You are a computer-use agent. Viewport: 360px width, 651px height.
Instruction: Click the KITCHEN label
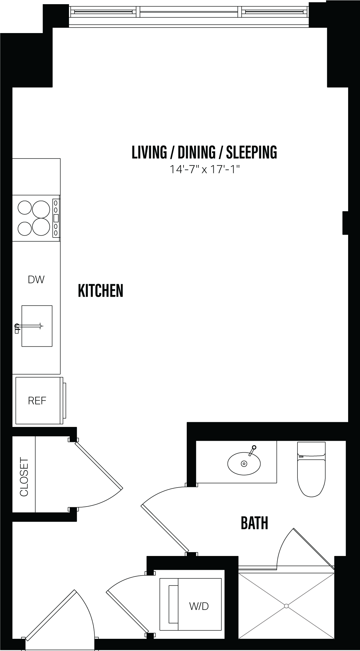coord(100,291)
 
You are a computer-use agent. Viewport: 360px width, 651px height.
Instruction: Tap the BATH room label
coord(254,523)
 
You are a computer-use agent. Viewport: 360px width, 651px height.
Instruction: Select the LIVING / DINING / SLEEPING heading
coord(204,152)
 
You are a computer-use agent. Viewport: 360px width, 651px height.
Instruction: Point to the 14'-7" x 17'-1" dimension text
coord(205,169)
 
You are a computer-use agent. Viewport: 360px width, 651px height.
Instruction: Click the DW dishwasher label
coord(36,280)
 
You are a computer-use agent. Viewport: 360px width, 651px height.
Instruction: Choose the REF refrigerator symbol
coord(37,400)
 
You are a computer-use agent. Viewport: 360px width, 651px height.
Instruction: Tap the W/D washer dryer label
coord(199,606)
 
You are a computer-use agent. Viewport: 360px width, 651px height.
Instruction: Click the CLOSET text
coord(24,477)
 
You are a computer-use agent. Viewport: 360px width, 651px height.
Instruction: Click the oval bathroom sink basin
coord(244,464)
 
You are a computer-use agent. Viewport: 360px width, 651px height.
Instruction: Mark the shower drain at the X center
coord(286,606)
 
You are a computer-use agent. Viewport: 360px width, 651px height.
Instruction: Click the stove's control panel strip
coord(56,218)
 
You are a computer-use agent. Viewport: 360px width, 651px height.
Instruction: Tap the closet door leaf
coord(99,465)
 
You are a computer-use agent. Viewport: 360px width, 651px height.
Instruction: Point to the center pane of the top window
coord(191,12)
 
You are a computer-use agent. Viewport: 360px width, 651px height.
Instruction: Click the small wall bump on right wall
coord(345,222)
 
